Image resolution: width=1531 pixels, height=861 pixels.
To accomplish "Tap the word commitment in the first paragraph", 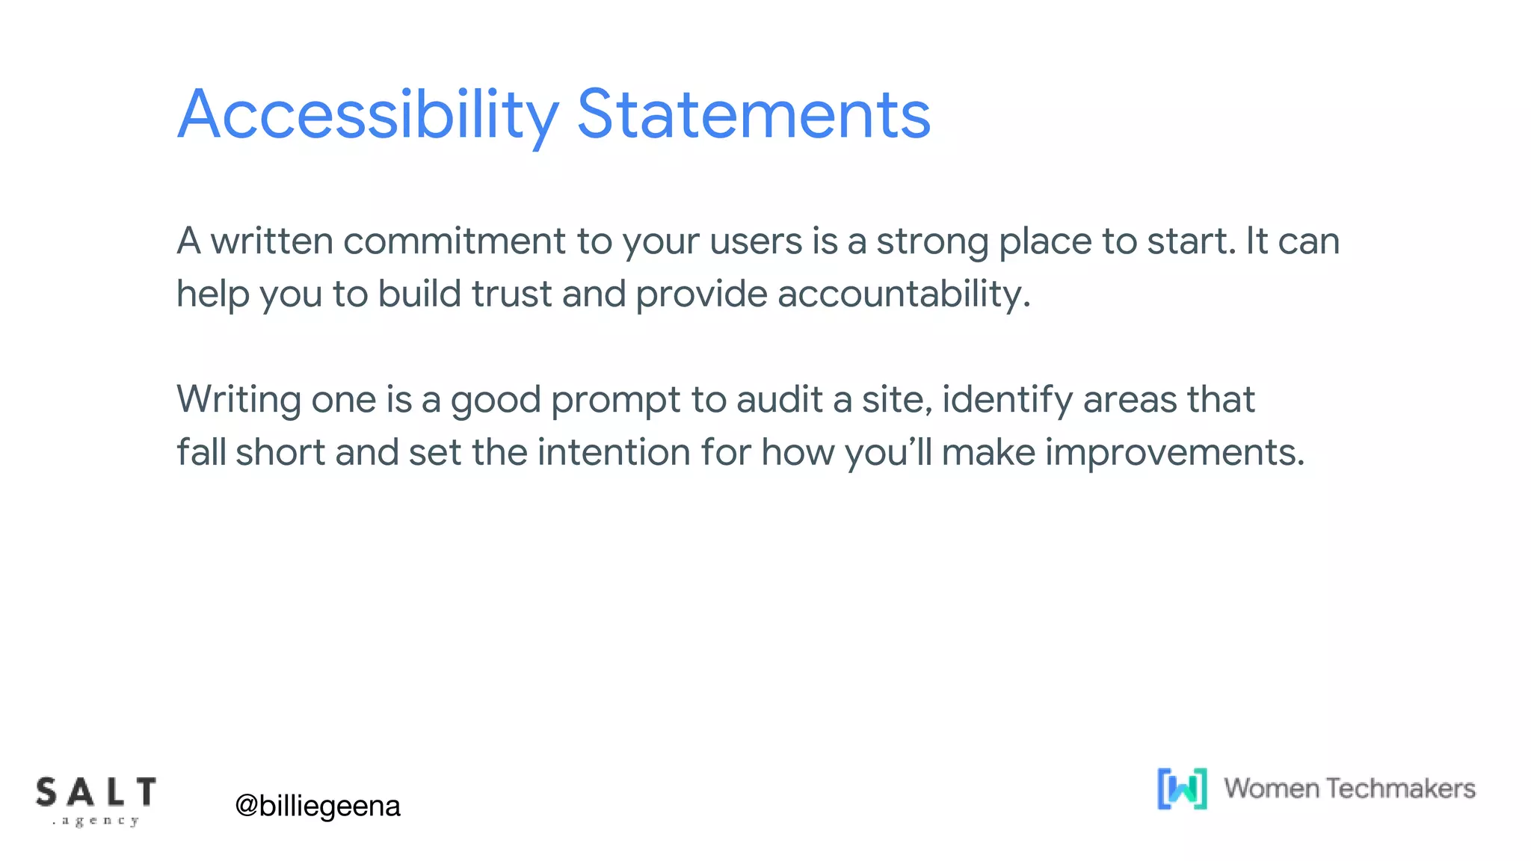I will pos(455,241).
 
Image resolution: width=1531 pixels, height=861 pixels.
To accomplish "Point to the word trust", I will pos(512,294).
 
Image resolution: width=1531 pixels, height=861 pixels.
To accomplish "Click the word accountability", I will pos(903,294).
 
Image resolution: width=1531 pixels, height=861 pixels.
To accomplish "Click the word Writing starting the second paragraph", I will pos(238,400).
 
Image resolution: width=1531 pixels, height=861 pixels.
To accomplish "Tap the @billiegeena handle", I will pos(318,806).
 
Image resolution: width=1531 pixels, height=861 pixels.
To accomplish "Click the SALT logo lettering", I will pos(96,793).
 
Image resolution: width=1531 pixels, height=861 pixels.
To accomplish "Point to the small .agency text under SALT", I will pos(96,821).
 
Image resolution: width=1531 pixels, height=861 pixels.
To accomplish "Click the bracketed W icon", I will pos(1182,789).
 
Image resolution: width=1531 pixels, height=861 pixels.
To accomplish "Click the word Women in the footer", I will pos(1271,789).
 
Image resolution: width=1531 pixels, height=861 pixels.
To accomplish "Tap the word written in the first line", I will pos(271,241).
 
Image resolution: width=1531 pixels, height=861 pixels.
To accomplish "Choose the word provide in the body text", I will pos(701,294).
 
